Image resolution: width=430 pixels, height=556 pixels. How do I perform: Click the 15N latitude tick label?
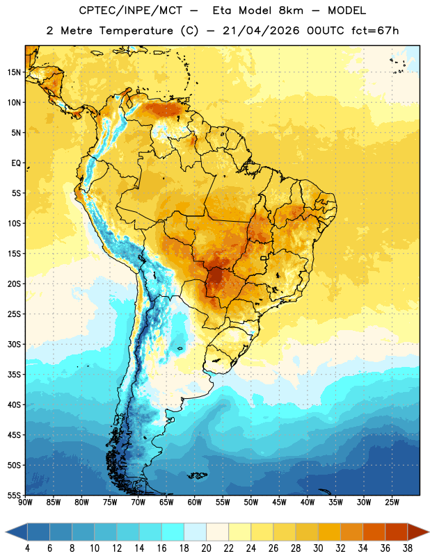pyautogui.click(x=15, y=72)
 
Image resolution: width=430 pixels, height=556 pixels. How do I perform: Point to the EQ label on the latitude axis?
pyautogui.click(x=16, y=163)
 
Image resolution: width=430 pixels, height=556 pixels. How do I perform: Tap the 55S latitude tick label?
pyautogui.click(x=15, y=495)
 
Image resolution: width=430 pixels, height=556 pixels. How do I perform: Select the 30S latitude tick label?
pyautogui.click(x=15, y=344)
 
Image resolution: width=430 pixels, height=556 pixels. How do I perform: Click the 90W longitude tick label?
pyautogui.click(x=25, y=502)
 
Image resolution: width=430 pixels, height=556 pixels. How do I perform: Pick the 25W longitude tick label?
pyautogui.click(x=392, y=502)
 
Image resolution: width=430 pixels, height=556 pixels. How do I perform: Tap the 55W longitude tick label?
pyautogui.click(x=223, y=502)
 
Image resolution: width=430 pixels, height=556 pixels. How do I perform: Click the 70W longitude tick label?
pyautogui.click(x=138, y=502)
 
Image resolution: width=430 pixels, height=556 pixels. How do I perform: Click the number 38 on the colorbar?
pyautogui.click(x=408, y=548)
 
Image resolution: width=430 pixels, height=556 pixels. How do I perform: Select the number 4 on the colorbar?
pyautogui.click(x=27, y=548)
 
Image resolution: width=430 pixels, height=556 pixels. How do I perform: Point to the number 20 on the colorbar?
pyautogui.click(x=206, y=548)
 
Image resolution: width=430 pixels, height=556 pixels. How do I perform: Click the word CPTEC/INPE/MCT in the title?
pyautogui.click(x=131, y=10)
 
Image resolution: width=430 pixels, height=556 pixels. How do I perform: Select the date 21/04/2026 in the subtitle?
pyautogui.click(x=261, y=31)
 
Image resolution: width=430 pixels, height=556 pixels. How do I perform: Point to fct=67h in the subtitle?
pyautogui.click(x=375, y=31)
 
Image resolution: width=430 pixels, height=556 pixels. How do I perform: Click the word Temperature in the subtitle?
pyautogui.click(x=136, y=31)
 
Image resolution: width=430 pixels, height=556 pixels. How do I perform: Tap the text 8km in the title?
pyautogui.click(x=291, y=10)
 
